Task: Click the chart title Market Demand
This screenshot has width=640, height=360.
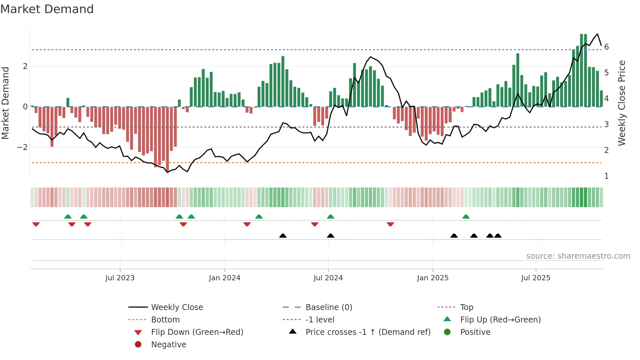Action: tap(47, 9)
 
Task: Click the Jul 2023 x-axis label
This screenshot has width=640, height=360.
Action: tap(120, 278)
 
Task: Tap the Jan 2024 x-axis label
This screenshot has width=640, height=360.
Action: tap(225, 278)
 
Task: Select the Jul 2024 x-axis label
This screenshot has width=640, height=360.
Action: tap(328, 278)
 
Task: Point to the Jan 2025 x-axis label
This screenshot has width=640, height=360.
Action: tap(433, 278)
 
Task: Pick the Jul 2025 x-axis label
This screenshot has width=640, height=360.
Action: tap(536, 278)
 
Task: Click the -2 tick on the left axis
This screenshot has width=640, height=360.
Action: tap(22, 147)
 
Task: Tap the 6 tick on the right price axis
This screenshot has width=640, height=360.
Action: tap(606, 47)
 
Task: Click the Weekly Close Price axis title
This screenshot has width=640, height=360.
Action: tap(622, 103)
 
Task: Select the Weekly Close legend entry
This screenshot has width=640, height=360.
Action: tap(177, 307)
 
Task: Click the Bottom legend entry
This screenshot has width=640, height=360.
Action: tap(165, 320)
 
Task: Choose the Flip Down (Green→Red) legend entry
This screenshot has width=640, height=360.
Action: tap(197, 332)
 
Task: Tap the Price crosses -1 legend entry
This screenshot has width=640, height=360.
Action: tap(368, 332)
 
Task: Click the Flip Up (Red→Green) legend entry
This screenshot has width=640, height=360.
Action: tap(500, 320)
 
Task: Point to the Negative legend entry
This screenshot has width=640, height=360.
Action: tap(168, 345)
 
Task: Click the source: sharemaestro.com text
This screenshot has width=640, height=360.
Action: tap(578, 256)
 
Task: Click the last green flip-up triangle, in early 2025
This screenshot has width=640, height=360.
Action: tap(466, 217)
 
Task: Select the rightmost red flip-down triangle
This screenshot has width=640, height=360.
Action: tap(390, 224)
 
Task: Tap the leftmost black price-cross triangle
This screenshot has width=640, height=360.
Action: tap(283, 236)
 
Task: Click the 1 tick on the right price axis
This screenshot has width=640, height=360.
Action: tap(606, 176)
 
